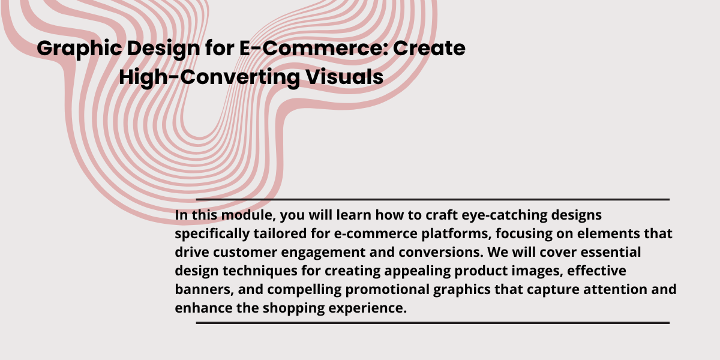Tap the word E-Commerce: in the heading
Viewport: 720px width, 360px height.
[314, 48]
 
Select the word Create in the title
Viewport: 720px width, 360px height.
[429, 48]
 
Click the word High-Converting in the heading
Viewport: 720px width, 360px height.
[209, 78]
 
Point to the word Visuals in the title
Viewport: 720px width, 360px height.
[344, 77]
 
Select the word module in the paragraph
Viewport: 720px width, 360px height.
[248, 215]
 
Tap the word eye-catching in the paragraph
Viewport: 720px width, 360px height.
[505, 215]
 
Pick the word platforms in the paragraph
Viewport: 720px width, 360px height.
[457, 234]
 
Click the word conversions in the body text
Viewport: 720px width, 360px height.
[441, 253]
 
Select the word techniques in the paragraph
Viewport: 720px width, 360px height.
[260, 271]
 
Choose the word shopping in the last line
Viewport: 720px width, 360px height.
[294, 308]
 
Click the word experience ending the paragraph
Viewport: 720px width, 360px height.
[368, 308]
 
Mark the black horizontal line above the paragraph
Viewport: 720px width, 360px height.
[433, 200]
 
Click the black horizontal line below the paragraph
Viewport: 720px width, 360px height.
[433, 323]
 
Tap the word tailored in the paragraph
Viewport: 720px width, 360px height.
[280, 233]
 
